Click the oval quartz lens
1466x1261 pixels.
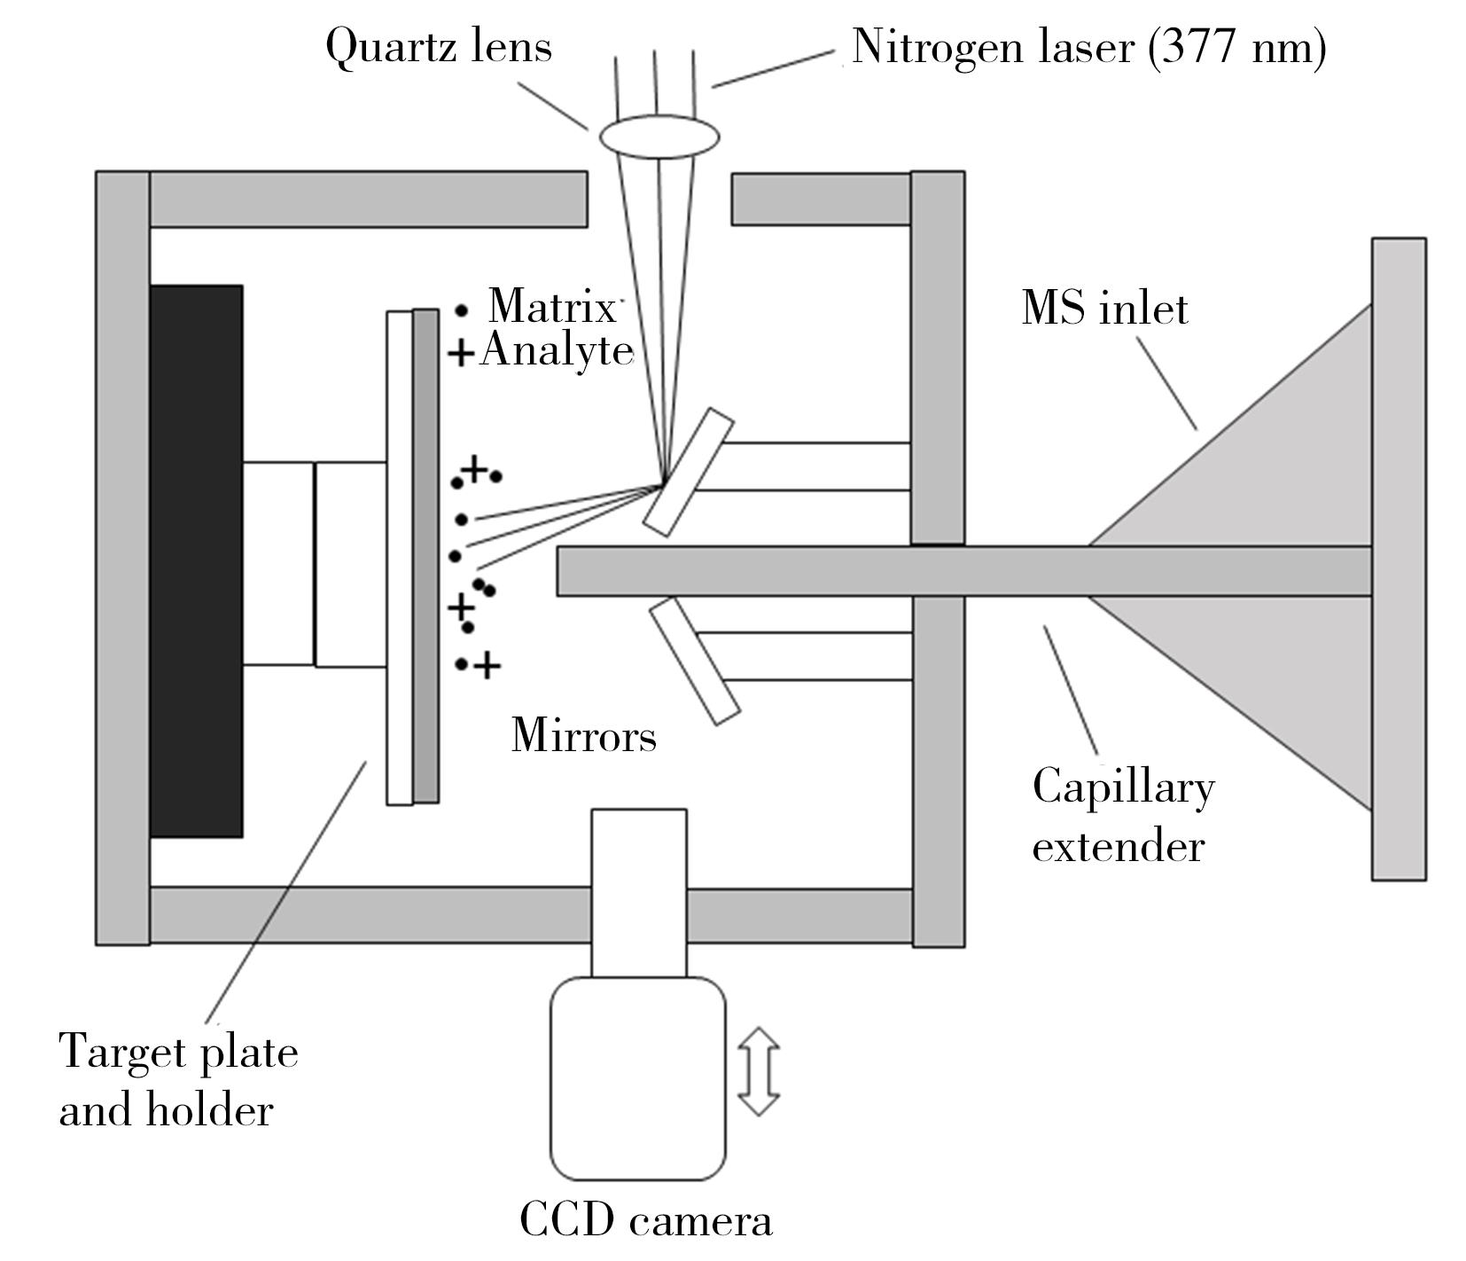coord(659,137)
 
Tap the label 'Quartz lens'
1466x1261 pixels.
coord(439,46)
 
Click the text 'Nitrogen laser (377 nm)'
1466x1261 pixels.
coord(1088,46)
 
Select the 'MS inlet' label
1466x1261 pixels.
coord(1104,309)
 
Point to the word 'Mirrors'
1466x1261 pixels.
coord(584,735)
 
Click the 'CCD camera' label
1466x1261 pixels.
coord(645,1220)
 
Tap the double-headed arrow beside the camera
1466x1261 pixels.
coord(759,1070)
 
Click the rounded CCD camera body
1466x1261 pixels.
coord(638,1078)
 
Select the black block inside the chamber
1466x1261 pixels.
coord(196,560)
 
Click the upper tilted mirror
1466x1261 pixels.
coord(689,472)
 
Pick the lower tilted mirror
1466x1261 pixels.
coord(695,661)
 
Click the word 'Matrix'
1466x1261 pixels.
coord(551,307)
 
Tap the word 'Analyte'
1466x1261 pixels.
coord(558,351)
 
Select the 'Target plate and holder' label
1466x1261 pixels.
coord(178,1081)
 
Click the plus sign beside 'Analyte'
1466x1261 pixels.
coord(460,354)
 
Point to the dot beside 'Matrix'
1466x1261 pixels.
coord(462,310)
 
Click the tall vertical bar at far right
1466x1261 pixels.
coord(1399,559)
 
